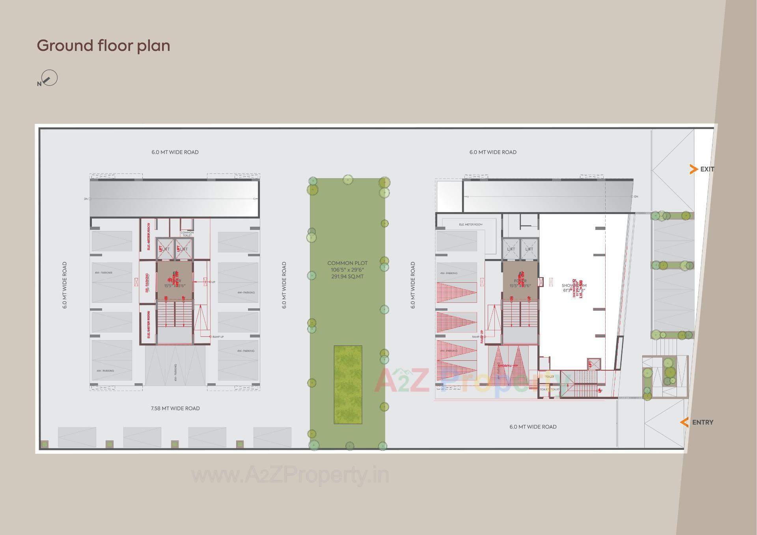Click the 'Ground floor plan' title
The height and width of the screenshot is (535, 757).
click(103, 46)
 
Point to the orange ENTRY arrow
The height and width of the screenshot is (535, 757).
click(684, 422)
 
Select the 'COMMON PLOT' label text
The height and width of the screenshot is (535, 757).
click(347, 263)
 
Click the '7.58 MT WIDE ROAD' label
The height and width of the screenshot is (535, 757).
click(175, 408)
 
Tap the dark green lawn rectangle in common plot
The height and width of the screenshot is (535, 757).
click(348, 384)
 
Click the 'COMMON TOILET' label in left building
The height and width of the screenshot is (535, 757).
click(187, 234)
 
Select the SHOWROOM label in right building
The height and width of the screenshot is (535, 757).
click(574, 285)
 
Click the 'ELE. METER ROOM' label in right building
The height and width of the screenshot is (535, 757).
click(470, 224)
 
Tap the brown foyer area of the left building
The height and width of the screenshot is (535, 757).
click(175, 281)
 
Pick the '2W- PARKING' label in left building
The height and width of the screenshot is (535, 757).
click(147, 283)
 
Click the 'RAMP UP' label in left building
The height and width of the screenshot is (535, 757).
click(218, 337)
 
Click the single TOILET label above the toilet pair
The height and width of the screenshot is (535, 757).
click(550, 377)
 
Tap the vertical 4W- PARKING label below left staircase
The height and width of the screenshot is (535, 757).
click(175, 372)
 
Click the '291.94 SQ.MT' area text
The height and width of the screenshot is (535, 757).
click(347, 276)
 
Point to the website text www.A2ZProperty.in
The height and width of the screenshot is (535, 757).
click(290, 475)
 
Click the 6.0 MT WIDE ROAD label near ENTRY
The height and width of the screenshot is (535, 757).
click(533, 427)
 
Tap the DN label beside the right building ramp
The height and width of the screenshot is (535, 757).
click(636, 196)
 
